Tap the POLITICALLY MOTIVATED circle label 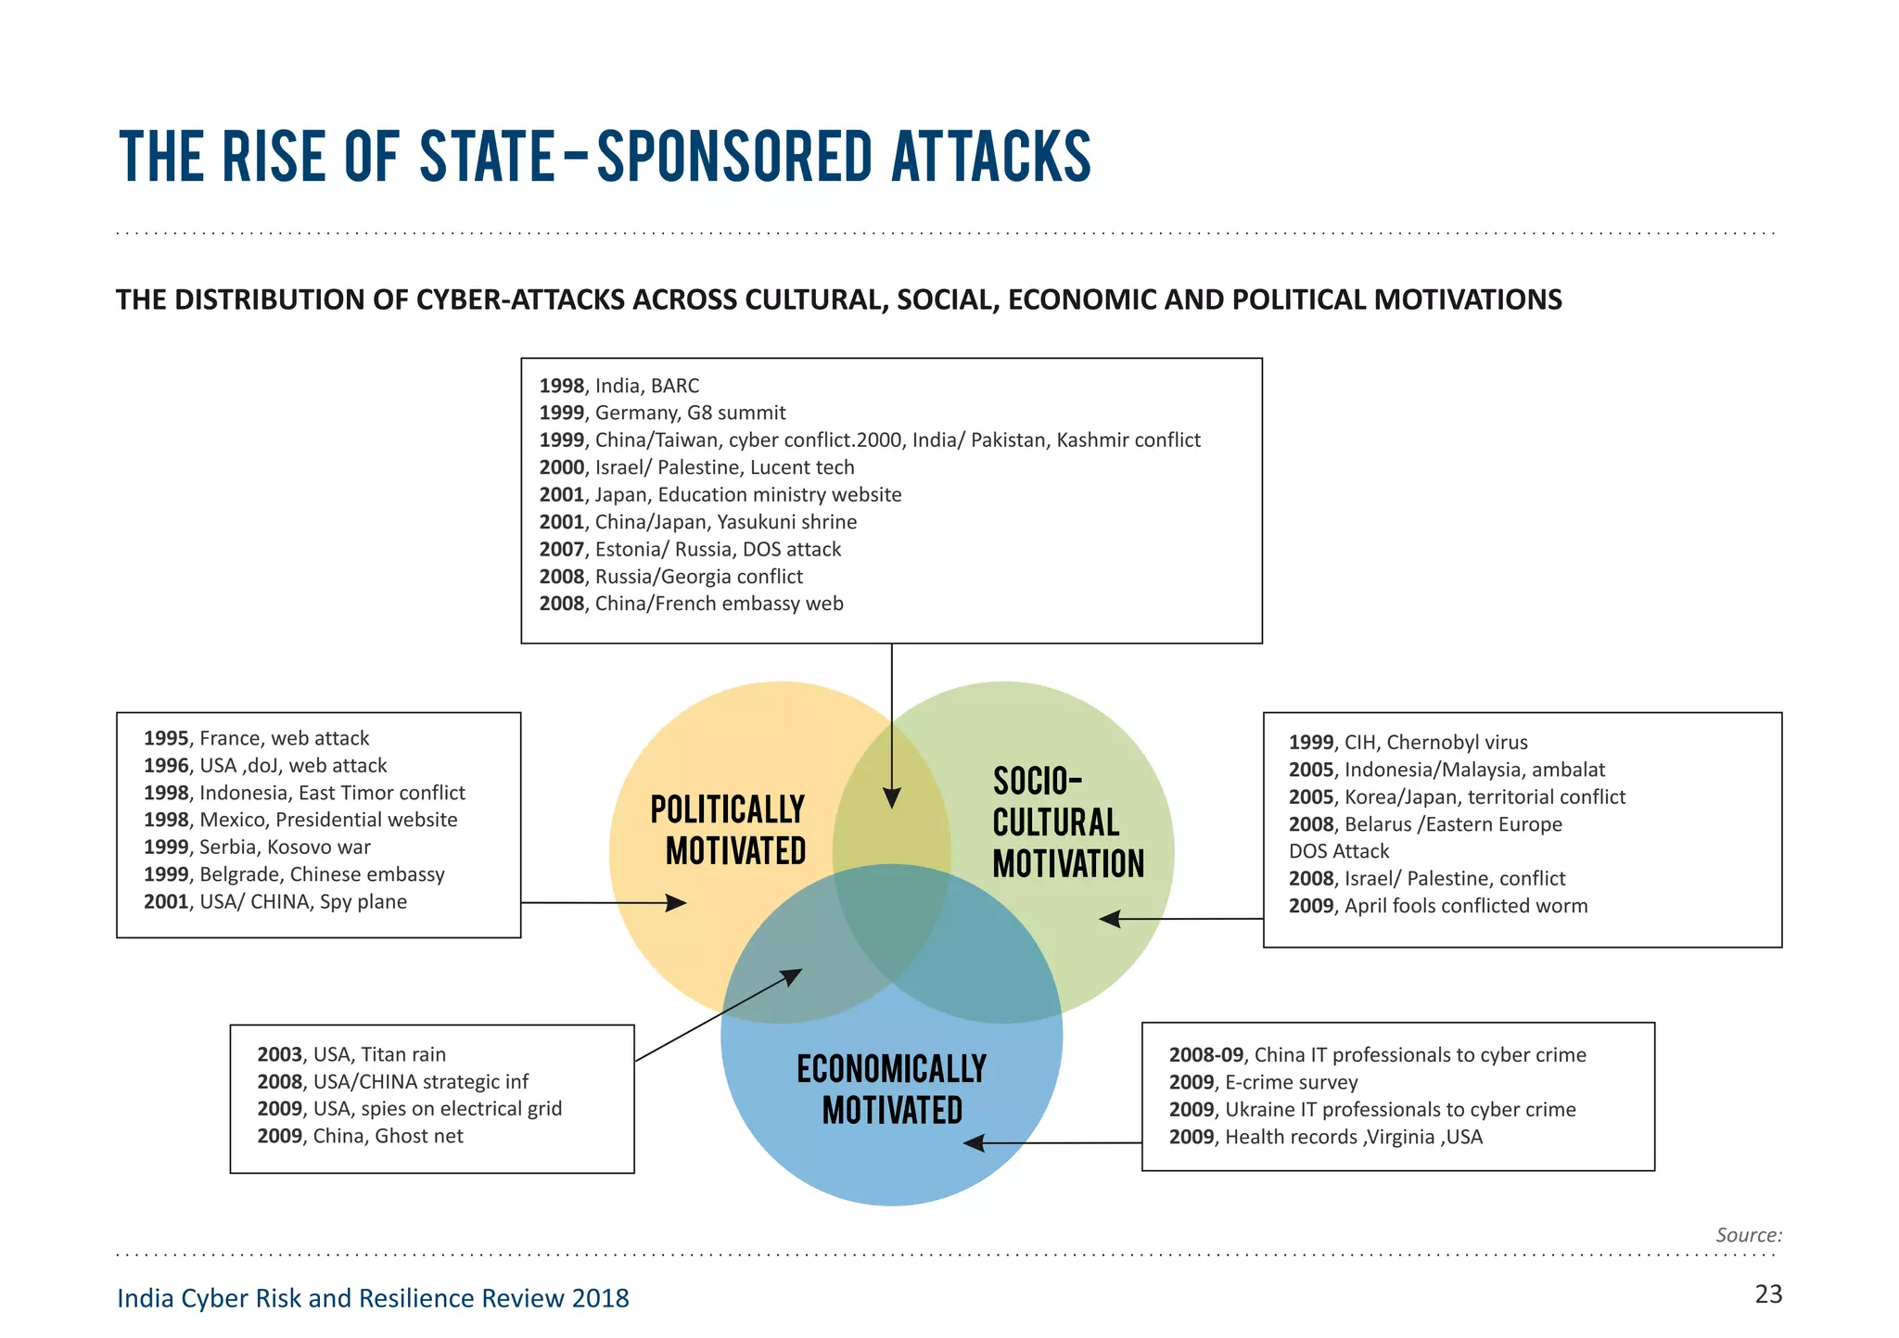[x=728, y=830]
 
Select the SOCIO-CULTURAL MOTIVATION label [x=1068, y=822]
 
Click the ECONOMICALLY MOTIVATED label [x=891, y=1090]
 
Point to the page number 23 [x=1768, y=1294]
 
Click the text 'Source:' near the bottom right [x=1748, y=1235]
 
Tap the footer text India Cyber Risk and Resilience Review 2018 [x=373, y=1298]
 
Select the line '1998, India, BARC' [x=619, y=386]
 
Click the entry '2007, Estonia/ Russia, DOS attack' [x=690, y=549]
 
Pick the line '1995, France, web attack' [x=256, y=738]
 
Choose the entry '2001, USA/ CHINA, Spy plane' [x=275, y=901]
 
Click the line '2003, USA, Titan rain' [x=351, y=1054]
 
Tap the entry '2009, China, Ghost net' [x=360, y=1136]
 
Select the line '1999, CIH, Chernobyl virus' [x=1408, y=742]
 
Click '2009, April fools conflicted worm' [x=1437, y=906]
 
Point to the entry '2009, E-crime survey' [x=1263, y=1082]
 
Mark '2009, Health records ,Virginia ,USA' [x=1325, y=1137]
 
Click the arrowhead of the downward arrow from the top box [x=892, y=798]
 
